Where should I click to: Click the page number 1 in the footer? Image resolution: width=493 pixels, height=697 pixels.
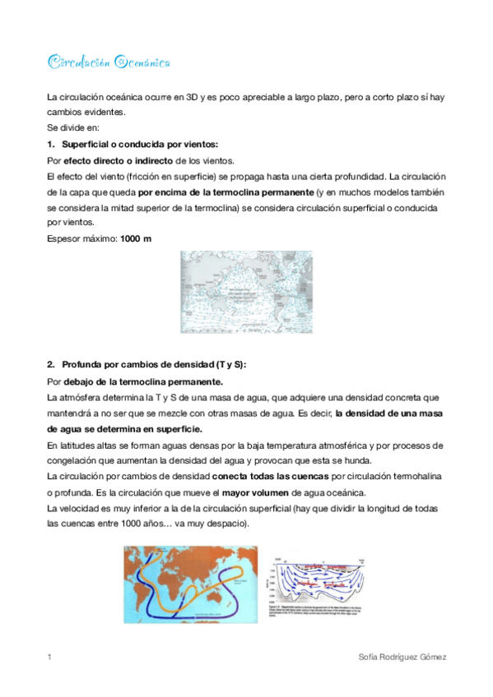50,658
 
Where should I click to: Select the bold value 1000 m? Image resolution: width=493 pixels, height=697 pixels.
135,238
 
